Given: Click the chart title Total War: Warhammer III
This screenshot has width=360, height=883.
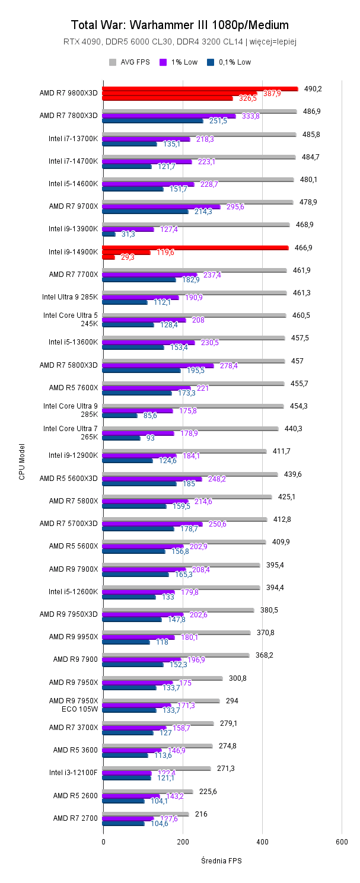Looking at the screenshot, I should tap(180, 25).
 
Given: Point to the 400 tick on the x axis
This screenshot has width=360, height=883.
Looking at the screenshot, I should tap(262, 841).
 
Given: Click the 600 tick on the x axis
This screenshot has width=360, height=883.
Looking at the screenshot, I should tap(342, 841).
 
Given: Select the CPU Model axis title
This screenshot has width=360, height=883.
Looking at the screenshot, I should tap(22, 461).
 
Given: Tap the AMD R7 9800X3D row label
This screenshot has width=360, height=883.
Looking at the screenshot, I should tap(68, 93).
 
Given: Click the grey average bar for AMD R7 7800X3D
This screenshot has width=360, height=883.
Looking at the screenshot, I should tap(199, 111).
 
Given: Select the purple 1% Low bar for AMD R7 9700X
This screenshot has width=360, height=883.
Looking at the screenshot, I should tap(161, 207).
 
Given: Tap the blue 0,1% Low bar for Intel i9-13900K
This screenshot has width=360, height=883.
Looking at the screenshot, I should tap(109, 234).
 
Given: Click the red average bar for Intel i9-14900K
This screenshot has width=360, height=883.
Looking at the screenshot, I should tap(195, 247).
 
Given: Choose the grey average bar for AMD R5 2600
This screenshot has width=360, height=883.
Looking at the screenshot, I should tap(148, 791).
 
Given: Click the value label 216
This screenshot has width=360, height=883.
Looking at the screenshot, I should tap(201, 814).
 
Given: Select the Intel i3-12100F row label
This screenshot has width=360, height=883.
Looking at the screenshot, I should tap(73, 773).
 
